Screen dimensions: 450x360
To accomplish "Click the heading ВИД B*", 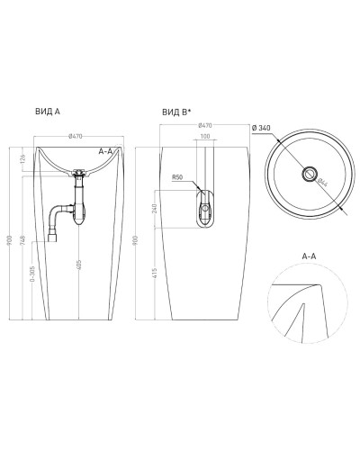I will pos(176,112).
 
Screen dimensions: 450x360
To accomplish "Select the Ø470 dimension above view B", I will pos(204,126).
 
